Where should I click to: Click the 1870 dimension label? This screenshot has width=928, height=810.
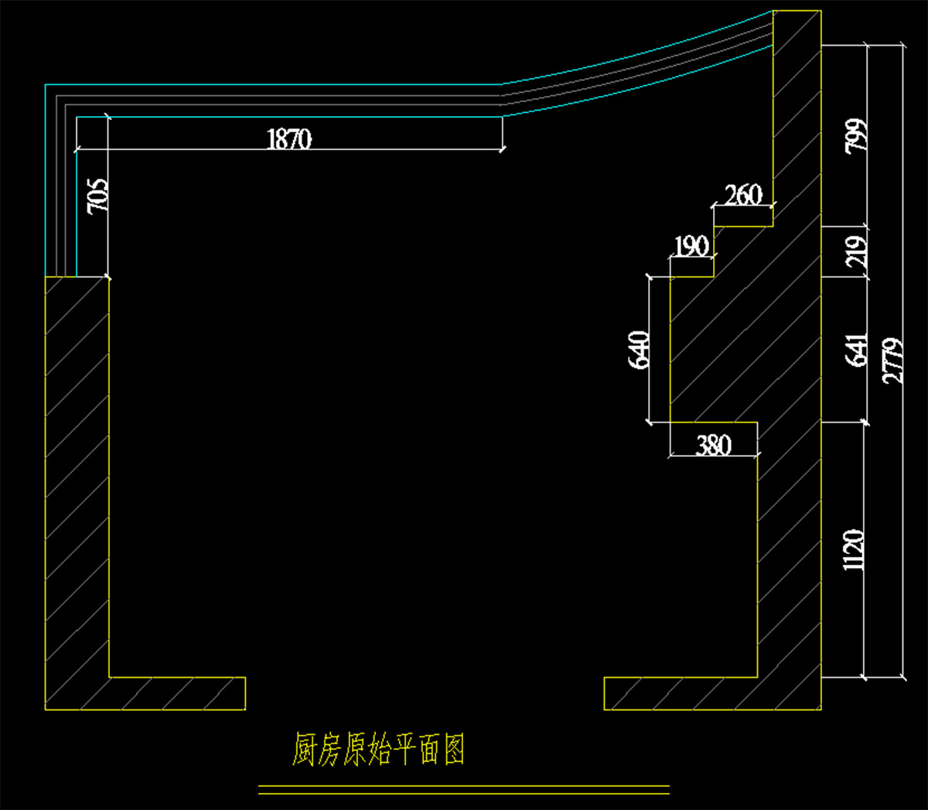[289, 139]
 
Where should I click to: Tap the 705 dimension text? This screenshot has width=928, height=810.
[97, 197]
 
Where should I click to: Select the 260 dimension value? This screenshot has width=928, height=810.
[743, 195]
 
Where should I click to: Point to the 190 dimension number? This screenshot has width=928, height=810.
[691, 247]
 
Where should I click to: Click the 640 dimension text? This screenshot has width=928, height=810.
[639, 350]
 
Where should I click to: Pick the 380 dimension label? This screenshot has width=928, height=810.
[713, 446]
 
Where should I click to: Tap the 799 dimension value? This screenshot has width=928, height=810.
[856, 136]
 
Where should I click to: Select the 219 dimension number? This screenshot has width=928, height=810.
[856, 252]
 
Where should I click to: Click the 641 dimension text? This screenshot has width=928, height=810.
[856, 350]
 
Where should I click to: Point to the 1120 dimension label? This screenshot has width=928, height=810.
[854, 550]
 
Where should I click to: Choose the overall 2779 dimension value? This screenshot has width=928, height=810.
[892, 361]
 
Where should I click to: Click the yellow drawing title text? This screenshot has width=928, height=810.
[378, 750]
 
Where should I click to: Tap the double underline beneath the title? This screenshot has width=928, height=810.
[463, 789]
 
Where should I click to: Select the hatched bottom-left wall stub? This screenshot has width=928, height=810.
[178, 693]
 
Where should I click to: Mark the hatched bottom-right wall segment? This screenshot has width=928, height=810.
[681, 693]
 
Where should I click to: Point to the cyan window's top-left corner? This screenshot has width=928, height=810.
[46, 84]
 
